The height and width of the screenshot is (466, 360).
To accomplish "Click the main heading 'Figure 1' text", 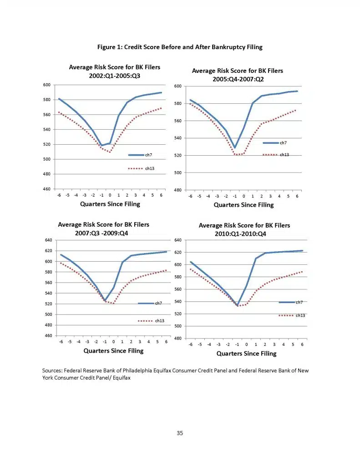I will [180, 47].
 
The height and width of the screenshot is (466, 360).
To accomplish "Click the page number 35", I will [180, 433].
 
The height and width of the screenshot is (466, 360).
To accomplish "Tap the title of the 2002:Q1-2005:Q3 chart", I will [114, 71].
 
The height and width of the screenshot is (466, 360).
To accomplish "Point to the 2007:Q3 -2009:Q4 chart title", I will [103, 228].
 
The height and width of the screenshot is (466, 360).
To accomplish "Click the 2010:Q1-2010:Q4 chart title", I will [244, 229].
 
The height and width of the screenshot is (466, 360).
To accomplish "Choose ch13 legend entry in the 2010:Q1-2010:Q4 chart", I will [292, 315].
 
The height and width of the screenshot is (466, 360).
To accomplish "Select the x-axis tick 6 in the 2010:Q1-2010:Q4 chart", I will [302, 344].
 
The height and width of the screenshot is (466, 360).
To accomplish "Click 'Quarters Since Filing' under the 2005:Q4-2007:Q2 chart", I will [243, 205].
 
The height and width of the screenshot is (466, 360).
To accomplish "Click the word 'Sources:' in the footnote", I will [52, 370].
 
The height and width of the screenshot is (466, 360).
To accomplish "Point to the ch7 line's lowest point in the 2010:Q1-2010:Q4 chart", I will [238, 305].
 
